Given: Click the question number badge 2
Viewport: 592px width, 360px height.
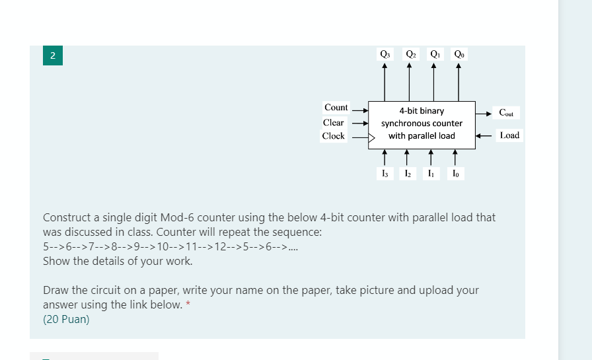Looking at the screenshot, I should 52,55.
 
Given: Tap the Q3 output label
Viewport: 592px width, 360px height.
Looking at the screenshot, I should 385,54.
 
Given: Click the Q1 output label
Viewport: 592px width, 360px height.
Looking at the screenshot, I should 435,54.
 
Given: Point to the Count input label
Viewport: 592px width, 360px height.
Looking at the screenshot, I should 336,108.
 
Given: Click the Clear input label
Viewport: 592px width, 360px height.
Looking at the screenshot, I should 334,122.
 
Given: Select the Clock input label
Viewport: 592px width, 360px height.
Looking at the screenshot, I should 334,136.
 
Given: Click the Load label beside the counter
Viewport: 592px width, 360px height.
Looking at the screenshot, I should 509,135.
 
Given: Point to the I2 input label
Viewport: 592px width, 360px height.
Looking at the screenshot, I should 408,174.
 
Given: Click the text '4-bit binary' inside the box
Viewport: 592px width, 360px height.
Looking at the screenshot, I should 422,111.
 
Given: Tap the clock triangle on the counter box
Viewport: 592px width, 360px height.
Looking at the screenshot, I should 371,139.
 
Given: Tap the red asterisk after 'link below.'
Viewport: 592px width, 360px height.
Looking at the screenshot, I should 188,304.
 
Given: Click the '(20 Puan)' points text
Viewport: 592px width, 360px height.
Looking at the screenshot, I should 66,320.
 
